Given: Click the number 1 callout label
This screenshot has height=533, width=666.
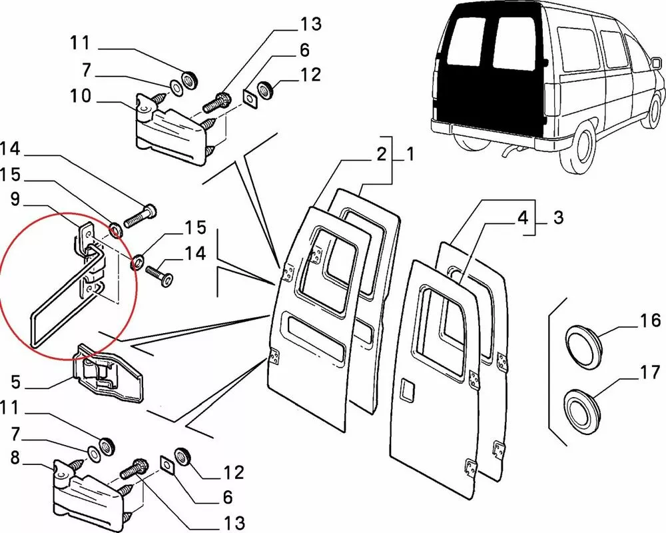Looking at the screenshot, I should coord(410,155).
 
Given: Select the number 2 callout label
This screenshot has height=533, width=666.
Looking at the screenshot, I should coord(380,155).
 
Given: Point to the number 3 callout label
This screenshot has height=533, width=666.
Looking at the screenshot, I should coord(558,217).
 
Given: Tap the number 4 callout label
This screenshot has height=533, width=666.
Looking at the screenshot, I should coord(523,217).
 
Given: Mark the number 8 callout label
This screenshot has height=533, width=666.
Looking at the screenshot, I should coord(15,459).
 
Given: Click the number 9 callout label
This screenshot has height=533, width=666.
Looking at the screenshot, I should coord(15,198).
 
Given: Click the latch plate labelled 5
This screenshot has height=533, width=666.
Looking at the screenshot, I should coord(110,373).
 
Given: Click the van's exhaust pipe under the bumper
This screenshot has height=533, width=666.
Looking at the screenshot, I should coord(509,155).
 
